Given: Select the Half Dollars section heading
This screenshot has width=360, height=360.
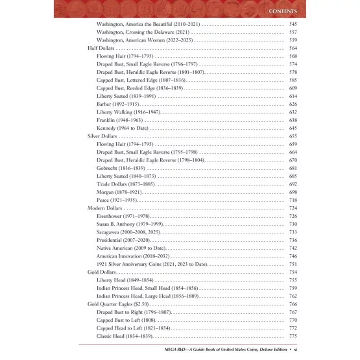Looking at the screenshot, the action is pyautogui.click(x=102, y=49).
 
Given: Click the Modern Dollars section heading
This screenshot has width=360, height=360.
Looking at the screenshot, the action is pyautogui.click(x=106, y=209).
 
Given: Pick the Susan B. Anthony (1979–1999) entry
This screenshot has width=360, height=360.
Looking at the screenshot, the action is pyautogui.click(x=134, y=224).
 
